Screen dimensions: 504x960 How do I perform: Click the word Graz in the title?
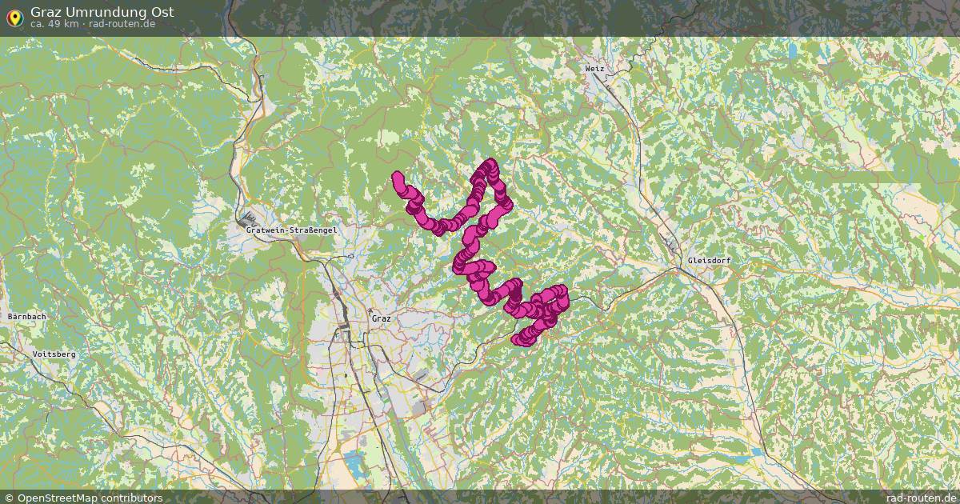(x=46, y=12)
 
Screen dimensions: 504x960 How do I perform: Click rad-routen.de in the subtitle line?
(x=122, y=24)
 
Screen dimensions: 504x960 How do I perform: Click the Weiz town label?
(x=594, y=69)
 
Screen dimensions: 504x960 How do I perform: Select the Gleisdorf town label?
(x=708, y=262)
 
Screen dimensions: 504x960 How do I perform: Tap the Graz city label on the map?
(x=381, y=318)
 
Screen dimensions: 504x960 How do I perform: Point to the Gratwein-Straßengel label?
(x=293, y=230)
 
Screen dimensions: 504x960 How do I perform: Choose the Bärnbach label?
(x=26, y=317)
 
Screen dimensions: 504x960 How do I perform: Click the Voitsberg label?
(x=54, y=354)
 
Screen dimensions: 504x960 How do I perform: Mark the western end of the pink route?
(x=397, y=177)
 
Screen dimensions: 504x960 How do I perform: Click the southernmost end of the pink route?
(x=520, y=341)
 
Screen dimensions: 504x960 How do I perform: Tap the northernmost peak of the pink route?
(x=489, y=164)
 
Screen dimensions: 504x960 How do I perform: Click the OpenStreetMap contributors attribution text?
(x=90, y=498)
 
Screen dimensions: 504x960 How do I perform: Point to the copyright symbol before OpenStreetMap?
(x=9, y=498)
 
